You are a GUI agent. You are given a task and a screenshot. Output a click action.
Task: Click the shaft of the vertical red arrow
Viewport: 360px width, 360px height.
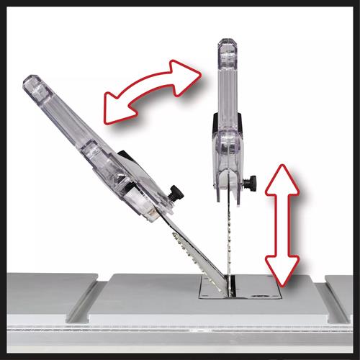click(x=281, y=223)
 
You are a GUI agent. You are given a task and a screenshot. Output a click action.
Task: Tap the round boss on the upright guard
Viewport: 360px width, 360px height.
click(x=229, y=144)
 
